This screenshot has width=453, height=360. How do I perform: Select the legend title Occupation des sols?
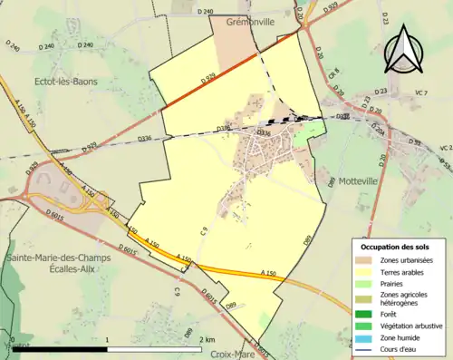click(x=395, y=247)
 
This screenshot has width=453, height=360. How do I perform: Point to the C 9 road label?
click(x=205, y=232)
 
